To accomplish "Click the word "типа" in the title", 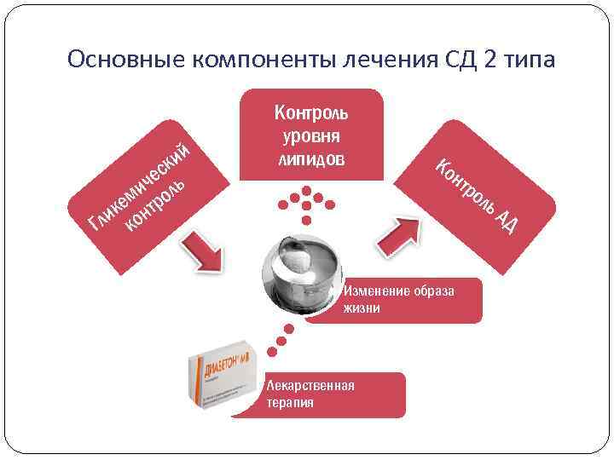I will click(528, 60).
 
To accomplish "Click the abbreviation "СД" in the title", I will click(457, 60).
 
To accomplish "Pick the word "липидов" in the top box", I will click(311, 158).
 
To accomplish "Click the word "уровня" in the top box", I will click(311, 136).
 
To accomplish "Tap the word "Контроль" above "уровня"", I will click(311, 113).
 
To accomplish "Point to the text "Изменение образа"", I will click(398, 290).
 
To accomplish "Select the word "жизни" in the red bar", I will click(362, 308).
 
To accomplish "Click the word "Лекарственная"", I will click(310, 385).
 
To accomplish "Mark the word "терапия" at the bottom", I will click(290, 402).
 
